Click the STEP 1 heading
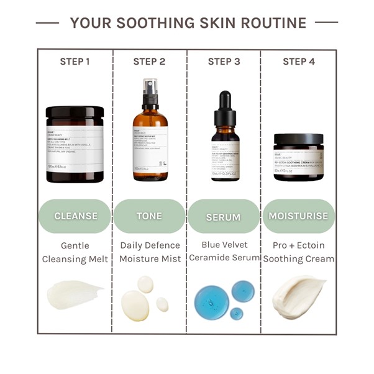[x=75, y=62]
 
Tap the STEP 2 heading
[x=149, y=62]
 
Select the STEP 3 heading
[x=224, y=62]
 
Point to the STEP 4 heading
[x=298, y=62]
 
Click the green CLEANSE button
[x=75, y=216]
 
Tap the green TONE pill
[x=149, y=216]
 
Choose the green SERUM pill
[x=224, y=217]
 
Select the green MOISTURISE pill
[x=298, y=216]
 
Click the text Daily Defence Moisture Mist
[x=149, y=252]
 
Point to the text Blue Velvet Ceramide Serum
[x=224, y=251]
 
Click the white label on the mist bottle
[x=150, y=146]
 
